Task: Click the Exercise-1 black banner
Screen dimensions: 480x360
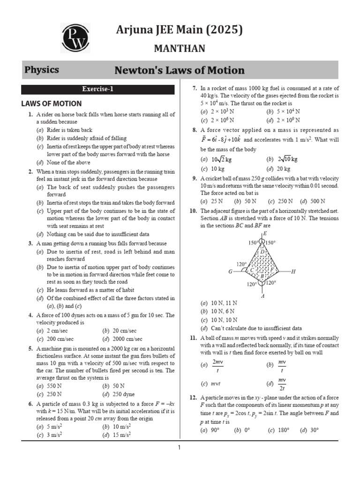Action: [x=98, y=89]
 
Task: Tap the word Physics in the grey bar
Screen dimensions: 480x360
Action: [x=42, y=70]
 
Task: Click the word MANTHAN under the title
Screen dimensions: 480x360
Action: [x=180, y=48]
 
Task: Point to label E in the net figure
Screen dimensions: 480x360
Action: [x=265, y=233]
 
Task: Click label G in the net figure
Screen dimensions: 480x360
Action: [x=230, y=271]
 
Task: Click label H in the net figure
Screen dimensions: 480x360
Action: [x=293, y=271]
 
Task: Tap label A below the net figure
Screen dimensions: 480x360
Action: [x=263, y=296]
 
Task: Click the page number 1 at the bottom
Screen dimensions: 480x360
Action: [x=179, y=448]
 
